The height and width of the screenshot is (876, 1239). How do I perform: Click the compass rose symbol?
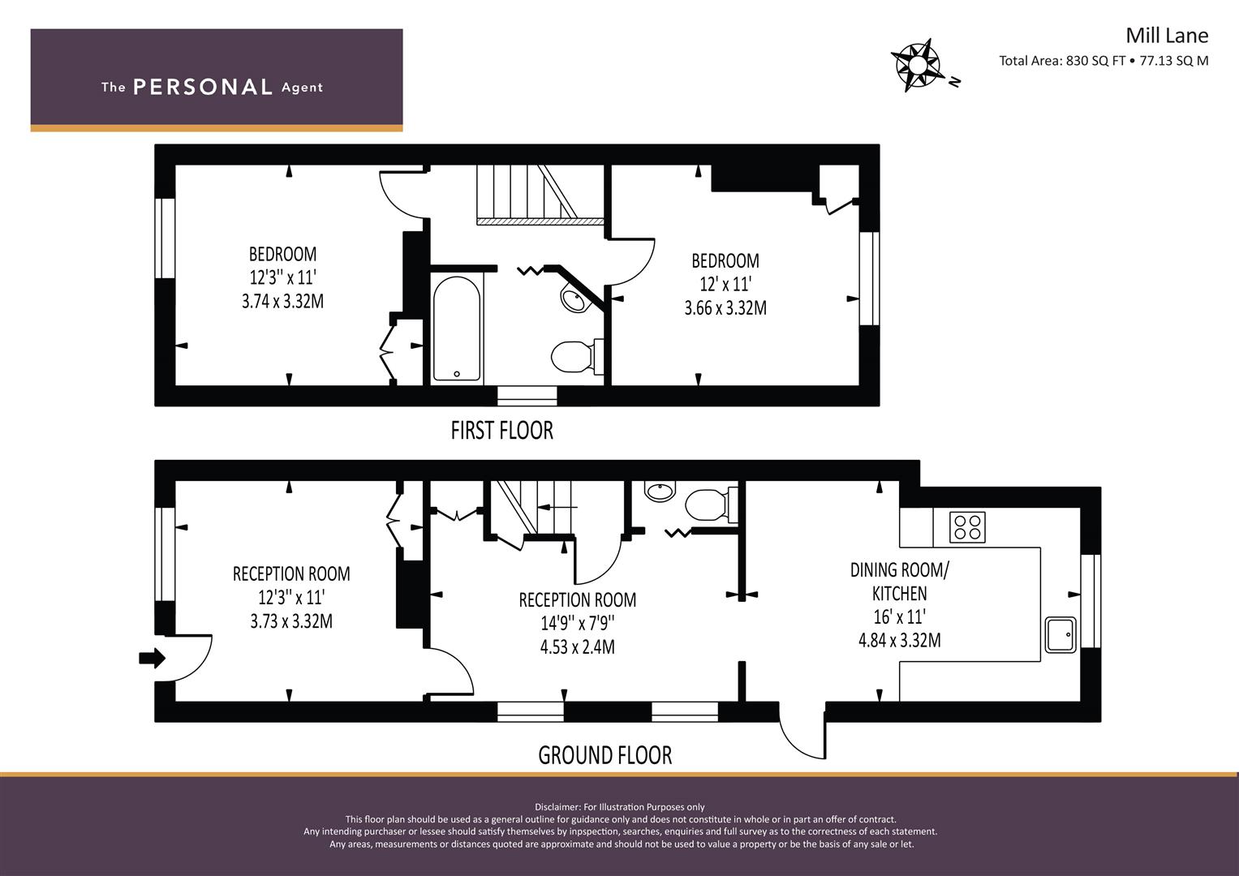pos(917,65)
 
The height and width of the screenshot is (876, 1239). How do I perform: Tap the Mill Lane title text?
pos(1167,36)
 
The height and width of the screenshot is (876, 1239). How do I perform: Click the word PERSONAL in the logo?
pos(203,87)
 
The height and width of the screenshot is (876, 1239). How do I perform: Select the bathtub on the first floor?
pos(456,328)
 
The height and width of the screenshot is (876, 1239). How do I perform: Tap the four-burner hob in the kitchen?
pos(967,527)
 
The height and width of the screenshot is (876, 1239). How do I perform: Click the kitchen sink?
pos(1060,635)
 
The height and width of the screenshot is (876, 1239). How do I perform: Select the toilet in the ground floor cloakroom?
pos(711,505)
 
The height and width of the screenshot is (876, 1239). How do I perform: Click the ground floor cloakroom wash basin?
pos(660,491)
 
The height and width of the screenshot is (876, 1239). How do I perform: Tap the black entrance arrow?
pos(152,658)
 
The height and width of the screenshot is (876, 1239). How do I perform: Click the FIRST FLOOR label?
pos(501,431)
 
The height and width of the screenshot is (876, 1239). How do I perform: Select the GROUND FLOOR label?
pos(605,755)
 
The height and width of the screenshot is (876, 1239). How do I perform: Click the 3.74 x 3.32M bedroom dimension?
pos(282,302)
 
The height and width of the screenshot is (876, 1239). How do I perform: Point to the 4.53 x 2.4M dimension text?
pos(578,647)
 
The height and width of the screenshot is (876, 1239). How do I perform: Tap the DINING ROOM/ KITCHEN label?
pos(899,582)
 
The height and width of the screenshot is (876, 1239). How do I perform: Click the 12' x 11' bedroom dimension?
pos(725,284)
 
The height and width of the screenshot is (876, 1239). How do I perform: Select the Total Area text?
pos(1103,61)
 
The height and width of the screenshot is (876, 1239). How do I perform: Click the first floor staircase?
pos(540,195)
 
